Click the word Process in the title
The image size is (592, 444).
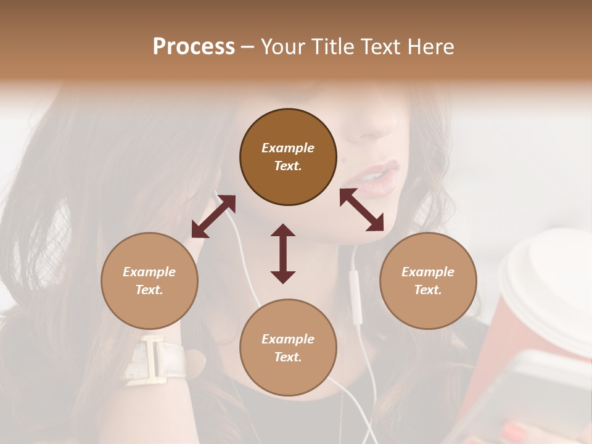coord(194,46)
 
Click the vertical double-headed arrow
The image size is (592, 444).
coord(283,253)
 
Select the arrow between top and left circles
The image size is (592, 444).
coord(213,216)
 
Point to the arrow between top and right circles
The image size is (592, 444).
coord(361,210)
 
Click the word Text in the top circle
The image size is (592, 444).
coord(288,166)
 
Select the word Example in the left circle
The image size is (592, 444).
coord(149,272)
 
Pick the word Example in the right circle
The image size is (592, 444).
coord(428,272)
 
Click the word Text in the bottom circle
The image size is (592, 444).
coord(288,357)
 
